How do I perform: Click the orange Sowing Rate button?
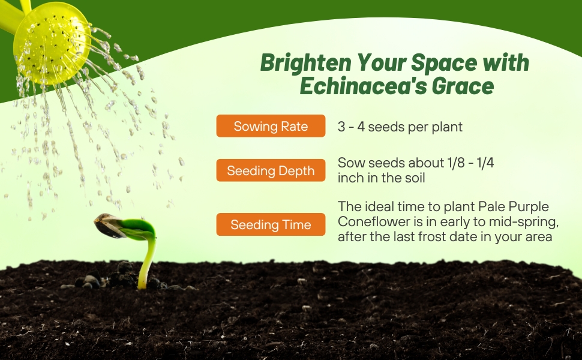(x=271, y=126)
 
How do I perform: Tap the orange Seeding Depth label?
(x=271, y=170)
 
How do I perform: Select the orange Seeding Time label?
(x=271, y=224)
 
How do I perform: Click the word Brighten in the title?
(x=305, y=63)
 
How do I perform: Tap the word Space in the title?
(x=444, y=63)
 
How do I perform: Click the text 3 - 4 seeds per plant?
(x=400, y=127)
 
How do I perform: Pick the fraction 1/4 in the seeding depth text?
(x=485, y=163)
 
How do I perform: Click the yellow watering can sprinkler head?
(x=52, y=43)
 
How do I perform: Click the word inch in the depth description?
(x=351, y=178)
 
